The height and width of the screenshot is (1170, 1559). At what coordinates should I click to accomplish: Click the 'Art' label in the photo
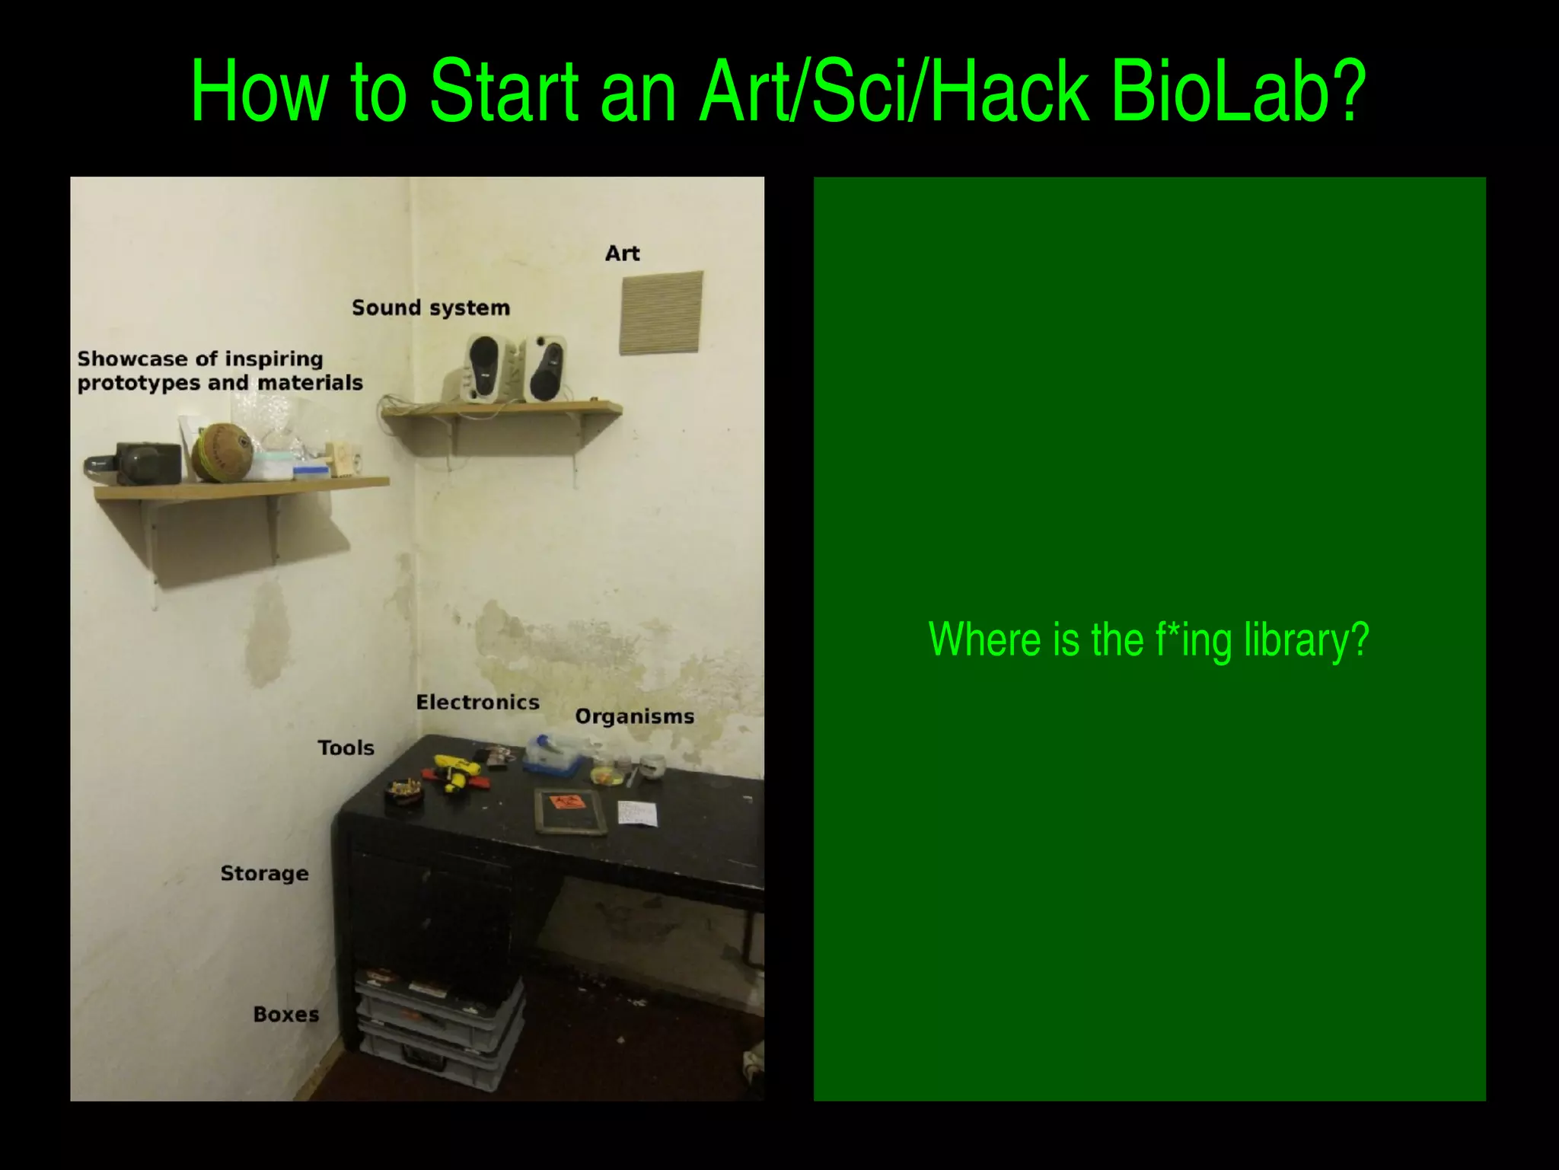click(x=622, y=253)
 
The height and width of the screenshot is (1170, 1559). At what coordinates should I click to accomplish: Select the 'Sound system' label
click(x=430, y=308)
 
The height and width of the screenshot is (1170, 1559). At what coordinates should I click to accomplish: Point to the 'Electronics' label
click(x=477, y=702)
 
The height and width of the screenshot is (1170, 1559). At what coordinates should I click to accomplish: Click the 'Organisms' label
click(x=634, y=716)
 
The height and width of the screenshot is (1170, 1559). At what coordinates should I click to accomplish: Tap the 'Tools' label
click(x=346, y=748)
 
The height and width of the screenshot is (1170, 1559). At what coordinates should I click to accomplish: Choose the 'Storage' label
click(x=264, y=873)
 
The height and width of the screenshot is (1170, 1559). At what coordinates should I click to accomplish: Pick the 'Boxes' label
click(x=285, y=1014)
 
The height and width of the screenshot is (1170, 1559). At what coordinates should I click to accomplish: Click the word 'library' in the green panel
click(x=1306, y=639)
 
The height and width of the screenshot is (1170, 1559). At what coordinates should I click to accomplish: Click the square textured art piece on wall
click(x=661, y=313)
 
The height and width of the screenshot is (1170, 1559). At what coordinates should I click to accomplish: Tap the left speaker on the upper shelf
click(x=485, y=368)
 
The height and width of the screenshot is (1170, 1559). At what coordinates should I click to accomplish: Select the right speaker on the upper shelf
click(x=546, y=369)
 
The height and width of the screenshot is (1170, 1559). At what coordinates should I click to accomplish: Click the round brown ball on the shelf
click(x=222, y=452)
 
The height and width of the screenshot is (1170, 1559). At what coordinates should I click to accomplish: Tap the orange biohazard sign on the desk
click(x=568, y=804)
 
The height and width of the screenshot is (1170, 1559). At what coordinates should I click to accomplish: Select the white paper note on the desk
click(x=636, y=815)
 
